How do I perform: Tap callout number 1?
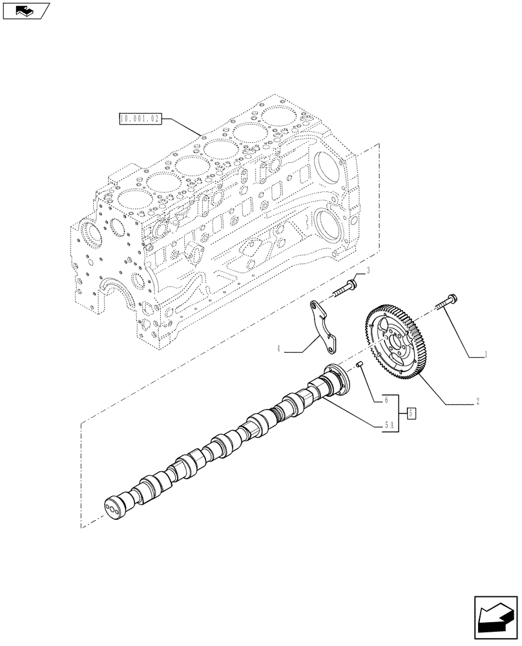[x=486, y=355]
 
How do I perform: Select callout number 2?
[x=477, y=401]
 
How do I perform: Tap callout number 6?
[x=386, y=400]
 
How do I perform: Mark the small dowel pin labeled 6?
[x=360, y=368]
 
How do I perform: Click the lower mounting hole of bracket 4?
[x=331, y=349]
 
